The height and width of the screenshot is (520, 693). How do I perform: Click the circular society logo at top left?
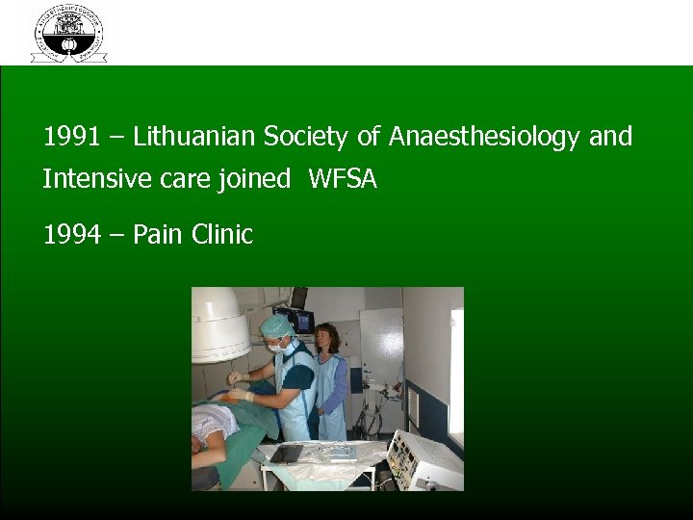pyautogui.click(x=68, y=33)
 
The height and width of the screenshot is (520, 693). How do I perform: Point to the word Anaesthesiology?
pyautogui.click(x=484, y=138)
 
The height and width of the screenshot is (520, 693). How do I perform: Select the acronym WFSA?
pyautogui.click(x=343, y=178)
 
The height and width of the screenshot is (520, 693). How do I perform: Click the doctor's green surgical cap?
pyautogui.click(x=277, y=325)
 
